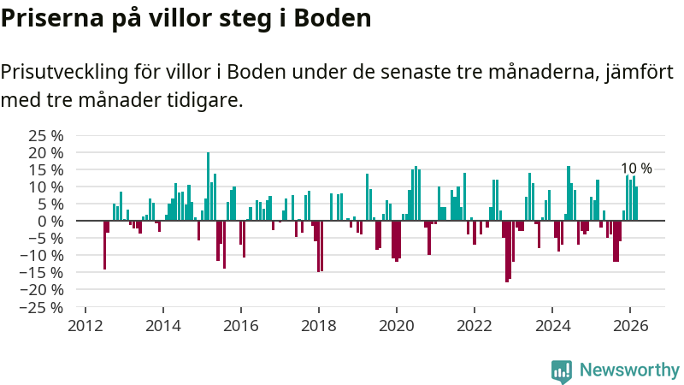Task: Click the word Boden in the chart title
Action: coord(333,18)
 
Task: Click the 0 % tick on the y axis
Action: coord(52,221)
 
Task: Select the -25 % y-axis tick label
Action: coord(43,306)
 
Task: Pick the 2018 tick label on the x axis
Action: coord(318,325)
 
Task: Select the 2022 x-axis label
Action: coord(474,325)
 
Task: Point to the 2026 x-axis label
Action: coord(629,325)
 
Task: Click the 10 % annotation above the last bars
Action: coord(636,169)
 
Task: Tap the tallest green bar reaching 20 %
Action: coord(208,187)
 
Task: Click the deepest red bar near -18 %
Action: coord(507,251)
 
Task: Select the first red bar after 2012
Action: coord(104,245)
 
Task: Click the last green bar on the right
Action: coord(636,204)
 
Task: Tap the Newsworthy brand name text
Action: coord(629,370)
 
